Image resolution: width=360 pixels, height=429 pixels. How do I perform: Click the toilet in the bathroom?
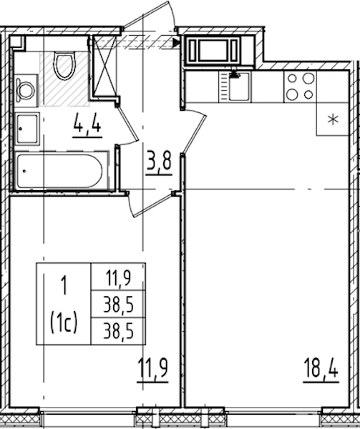tap(64, 66)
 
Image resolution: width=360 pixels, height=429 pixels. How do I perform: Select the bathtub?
tap(59, 171)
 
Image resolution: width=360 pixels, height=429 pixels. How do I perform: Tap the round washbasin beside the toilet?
tap(26, 90)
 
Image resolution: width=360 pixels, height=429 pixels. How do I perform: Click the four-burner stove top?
tap(301, 87)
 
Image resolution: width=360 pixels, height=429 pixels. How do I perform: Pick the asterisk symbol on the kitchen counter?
tap(334, 119)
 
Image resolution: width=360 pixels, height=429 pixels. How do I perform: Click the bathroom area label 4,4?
tap(87, 126)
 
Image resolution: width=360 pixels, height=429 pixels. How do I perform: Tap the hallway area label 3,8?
tap(159, 162)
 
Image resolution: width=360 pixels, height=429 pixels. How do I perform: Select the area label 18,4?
tap(321, 368)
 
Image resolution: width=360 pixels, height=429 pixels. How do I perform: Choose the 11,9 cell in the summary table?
tap(118, 277)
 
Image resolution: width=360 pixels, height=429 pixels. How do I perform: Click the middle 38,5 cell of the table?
tap(118, 304)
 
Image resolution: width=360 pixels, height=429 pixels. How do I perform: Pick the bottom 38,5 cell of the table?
tap(118, 331)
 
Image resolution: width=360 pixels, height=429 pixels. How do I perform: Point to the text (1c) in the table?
tap(64, 323)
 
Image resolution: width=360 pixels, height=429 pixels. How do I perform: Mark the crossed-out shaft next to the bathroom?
tap(104, 66)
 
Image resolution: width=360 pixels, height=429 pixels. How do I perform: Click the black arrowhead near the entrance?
tap(177, 42)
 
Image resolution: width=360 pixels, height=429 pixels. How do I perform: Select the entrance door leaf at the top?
tap(147, 15)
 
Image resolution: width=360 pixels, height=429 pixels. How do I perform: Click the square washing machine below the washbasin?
tap(27, 129)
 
